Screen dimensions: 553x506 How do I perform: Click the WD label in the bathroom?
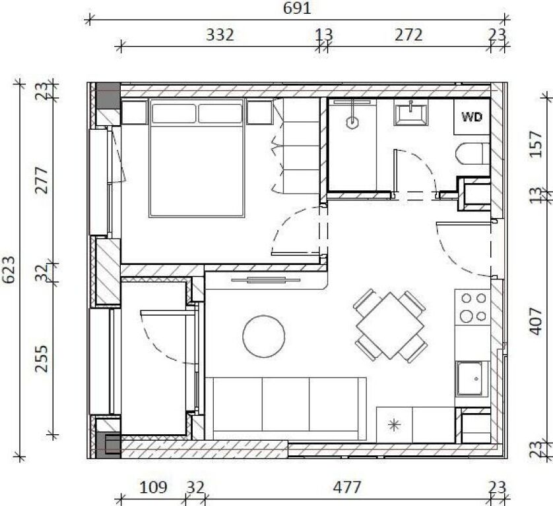(x=472, y=117)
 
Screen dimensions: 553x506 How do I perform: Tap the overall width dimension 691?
(x=297, y=8)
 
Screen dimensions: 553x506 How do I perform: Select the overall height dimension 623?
(x=9, y=269)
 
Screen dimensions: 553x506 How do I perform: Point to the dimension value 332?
(x=220, y=35)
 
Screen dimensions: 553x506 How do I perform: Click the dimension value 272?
(x=408, y=35)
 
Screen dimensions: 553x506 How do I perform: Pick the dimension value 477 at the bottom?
(x=347, y=488)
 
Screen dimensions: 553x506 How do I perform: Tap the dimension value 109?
(x=153, y=488)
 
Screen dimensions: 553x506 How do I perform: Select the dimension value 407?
(x=535, y=321)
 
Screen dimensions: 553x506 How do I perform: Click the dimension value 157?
(x=535, y=144)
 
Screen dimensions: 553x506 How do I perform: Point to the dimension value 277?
(x=42, y=181)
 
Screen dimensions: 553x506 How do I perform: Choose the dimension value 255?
(x=42, y=358)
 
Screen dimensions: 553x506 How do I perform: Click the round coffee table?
(x=264, y=336)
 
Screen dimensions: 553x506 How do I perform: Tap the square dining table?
(x=390, y=325)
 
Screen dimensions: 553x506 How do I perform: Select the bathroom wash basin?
(x=411, y=113)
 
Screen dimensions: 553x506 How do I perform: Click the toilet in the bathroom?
(x=472, y=154)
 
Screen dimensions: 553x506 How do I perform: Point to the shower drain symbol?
(x=352, y=123)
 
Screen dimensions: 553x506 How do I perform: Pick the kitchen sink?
(x=470, y=378)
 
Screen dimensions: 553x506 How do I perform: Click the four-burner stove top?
(x=472, y=307)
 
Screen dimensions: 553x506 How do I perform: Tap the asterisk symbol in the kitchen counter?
(x=394, y=425)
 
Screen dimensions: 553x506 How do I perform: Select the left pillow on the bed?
(x=174, y=113)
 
